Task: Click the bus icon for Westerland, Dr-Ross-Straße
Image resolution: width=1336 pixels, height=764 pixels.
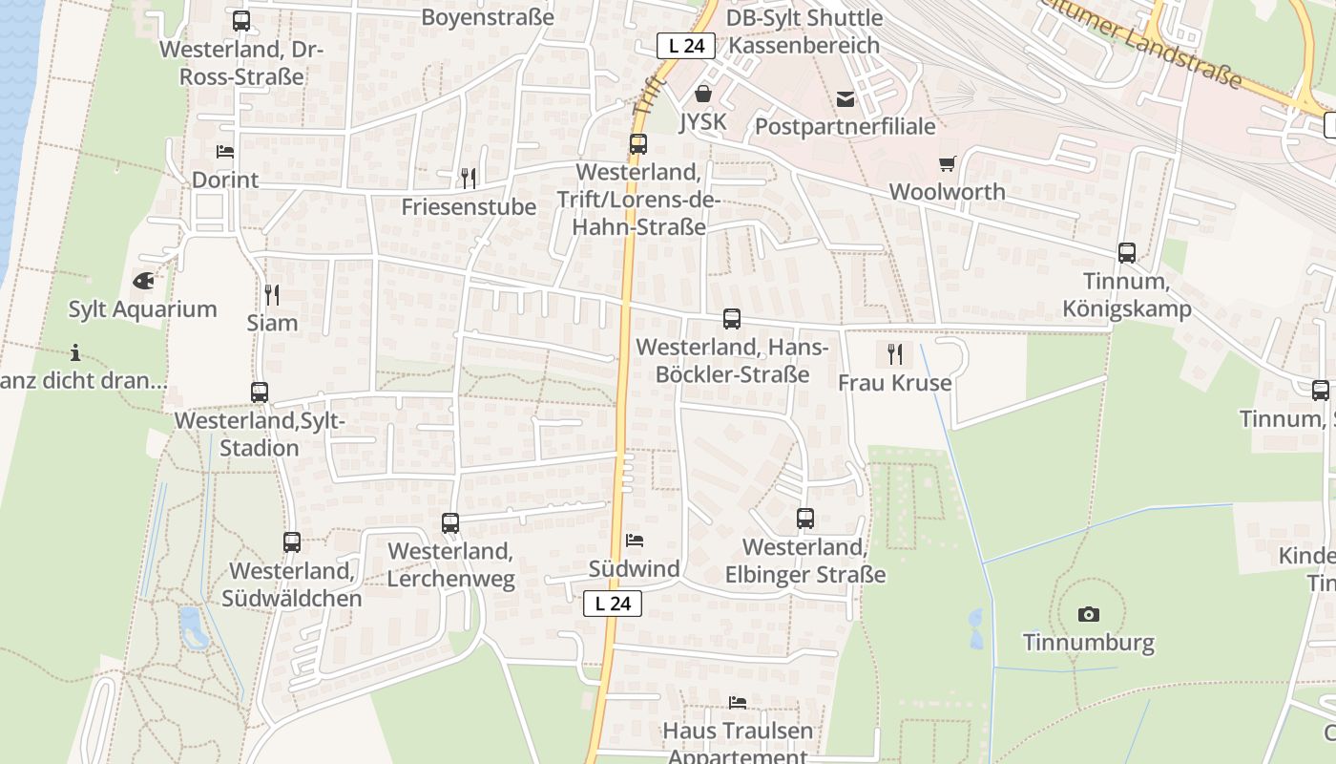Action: [241, 21]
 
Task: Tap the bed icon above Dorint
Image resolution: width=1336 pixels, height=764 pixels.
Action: [225, 151]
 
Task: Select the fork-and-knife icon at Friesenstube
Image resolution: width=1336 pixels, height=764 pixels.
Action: [468, 178]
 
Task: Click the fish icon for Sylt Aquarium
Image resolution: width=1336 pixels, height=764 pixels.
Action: [143, 281]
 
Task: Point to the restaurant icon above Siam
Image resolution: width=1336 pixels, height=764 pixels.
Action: [272, 294]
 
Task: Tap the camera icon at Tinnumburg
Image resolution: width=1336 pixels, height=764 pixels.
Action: [1088, 614]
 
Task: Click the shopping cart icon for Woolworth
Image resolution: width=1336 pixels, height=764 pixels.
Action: [947, 164]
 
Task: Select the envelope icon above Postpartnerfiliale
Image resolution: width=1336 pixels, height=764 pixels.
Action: [845, 98]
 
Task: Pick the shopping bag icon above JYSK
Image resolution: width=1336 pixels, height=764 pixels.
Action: [703, 94]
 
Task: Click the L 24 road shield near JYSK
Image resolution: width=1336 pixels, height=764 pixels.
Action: [686, 46]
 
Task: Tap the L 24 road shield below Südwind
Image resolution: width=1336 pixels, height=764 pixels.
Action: [613, 604]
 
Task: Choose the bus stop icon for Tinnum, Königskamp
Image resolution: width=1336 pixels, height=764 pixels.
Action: [1127, 253]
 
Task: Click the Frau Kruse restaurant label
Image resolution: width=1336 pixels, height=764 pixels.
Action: [894, 383]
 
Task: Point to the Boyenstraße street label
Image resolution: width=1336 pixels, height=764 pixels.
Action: [488, 17]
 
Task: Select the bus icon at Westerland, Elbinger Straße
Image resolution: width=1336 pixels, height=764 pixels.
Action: [805, 519]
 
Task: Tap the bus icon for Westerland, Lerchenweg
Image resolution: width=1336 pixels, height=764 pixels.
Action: [450, 523]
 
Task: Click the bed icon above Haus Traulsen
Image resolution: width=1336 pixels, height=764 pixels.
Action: [738, 703]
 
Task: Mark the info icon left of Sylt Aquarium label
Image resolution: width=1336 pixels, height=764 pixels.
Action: [75, 352]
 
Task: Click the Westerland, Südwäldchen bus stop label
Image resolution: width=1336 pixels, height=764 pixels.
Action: [292, 584]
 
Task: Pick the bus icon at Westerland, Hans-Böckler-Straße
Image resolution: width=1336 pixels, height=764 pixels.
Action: [732, 319]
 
